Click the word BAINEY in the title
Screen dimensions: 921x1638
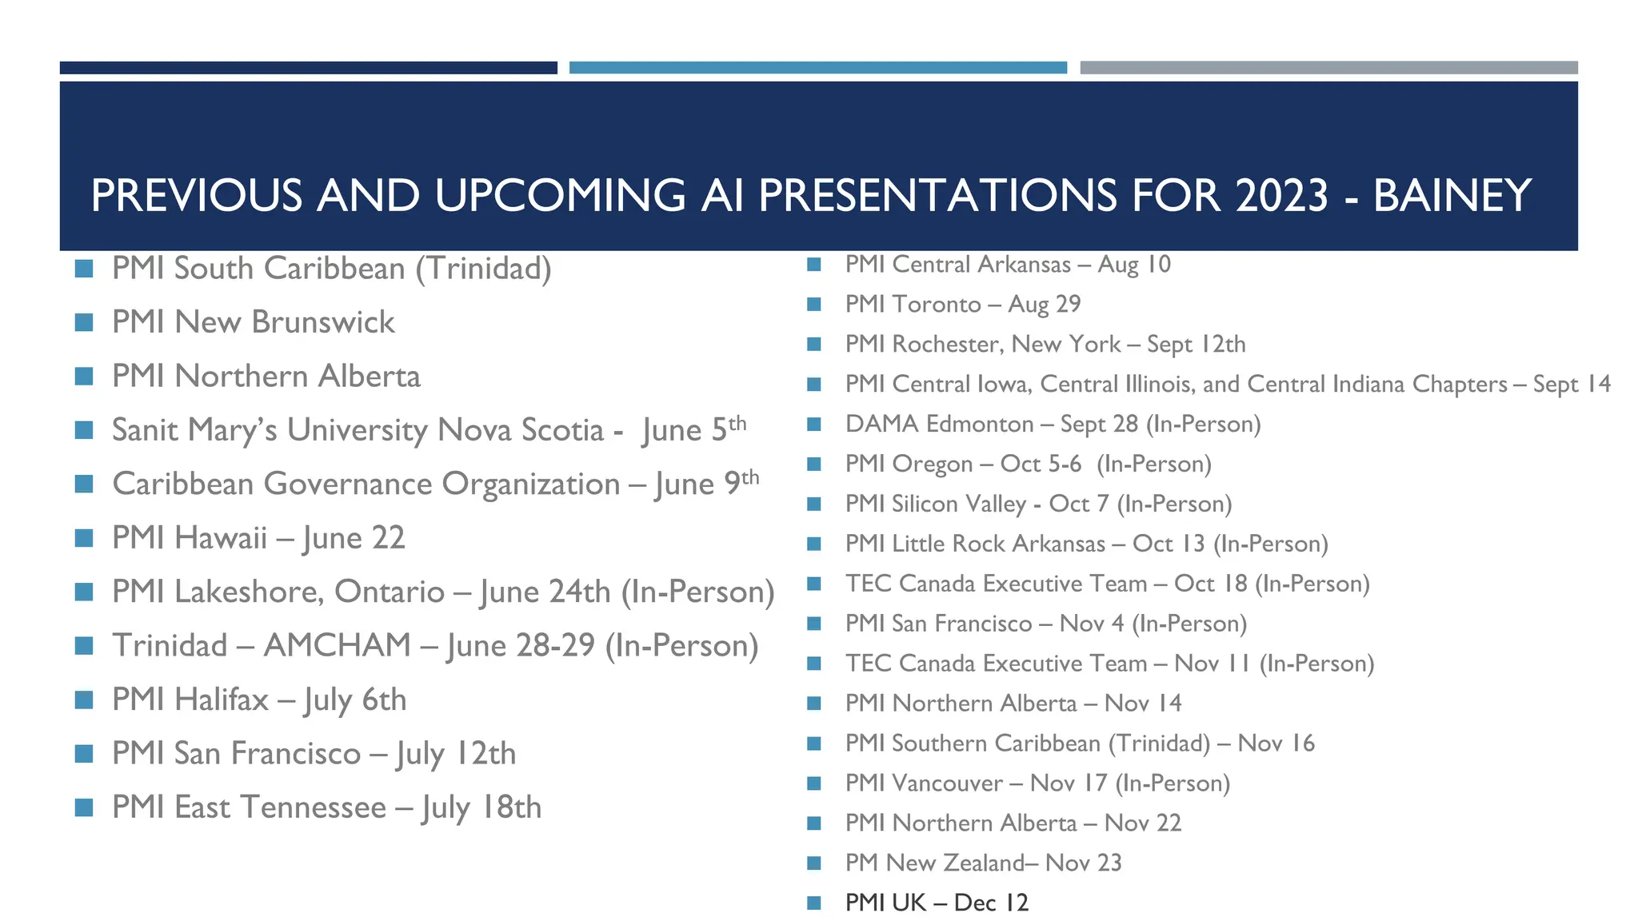(x=1452, y=196)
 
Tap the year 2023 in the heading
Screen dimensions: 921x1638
(x=1281, y=196)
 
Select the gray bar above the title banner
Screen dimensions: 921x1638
(x=1328, y=68)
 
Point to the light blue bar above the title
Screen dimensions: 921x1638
(x=817, y=68)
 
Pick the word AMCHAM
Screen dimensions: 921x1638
(x=337, y=645)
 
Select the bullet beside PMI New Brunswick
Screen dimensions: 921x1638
(x=84, y=322)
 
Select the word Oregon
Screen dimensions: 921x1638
(x=932, y=464)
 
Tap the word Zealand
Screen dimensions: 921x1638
(x=983, y=863)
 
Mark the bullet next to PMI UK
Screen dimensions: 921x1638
(x=814, y=903)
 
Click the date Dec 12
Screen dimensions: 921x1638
(x=991, y=903)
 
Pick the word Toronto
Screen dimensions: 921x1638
(x=936, y=305)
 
